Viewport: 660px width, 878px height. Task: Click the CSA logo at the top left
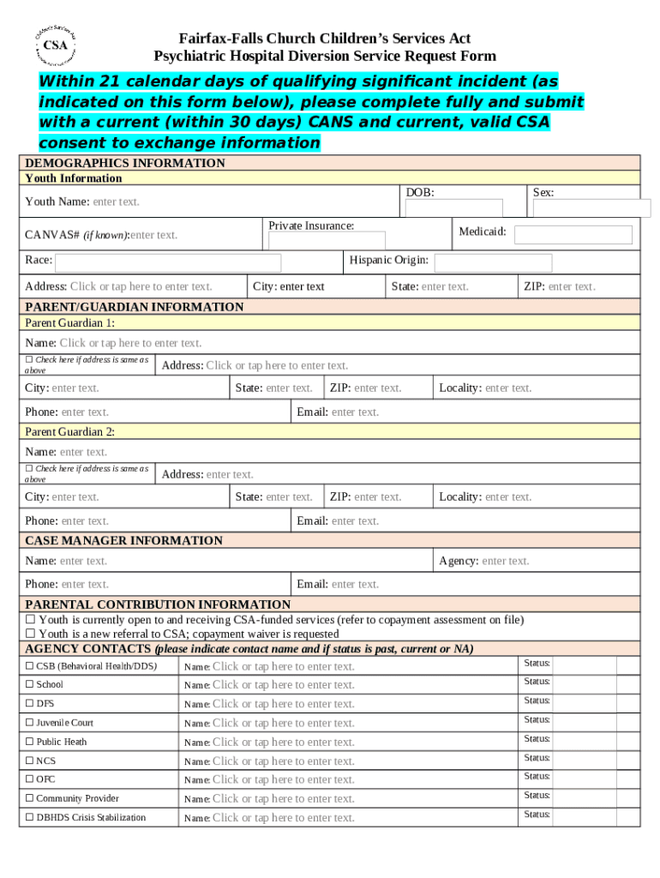(57, 45)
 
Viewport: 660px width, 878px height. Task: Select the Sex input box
(591, 208)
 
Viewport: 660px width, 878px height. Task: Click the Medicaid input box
(573, 234)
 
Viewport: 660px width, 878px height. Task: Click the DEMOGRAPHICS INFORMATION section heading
(125, 163)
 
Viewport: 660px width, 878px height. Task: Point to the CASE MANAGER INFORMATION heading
(123, 540)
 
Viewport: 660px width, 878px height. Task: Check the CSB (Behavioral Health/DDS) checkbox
(29, 666)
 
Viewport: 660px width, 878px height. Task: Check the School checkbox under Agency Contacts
(29, 685)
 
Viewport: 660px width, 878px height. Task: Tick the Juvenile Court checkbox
(29, 723)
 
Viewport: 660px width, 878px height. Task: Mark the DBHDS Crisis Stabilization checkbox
(29, 818)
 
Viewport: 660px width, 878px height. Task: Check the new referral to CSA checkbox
(30, 634)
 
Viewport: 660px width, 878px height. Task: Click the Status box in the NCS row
(595, 761)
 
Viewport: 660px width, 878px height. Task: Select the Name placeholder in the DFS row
(283, 704)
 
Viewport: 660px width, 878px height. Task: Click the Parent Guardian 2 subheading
(69, 431)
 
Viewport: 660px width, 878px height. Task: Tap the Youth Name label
(57, 202)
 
